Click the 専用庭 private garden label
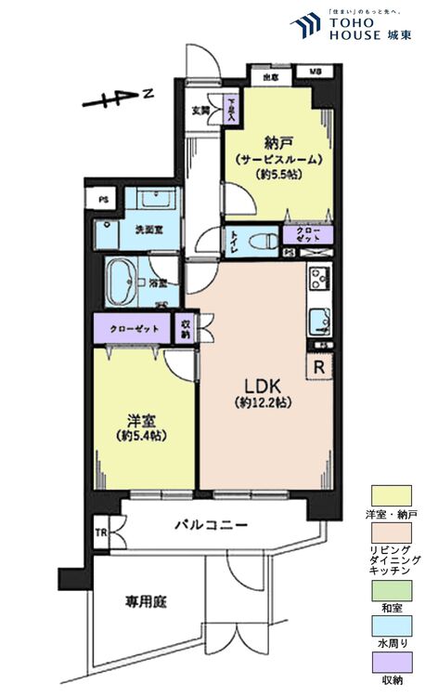pyautogui.click(x=146, y=601)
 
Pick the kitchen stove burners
pyautogui.click(x=320, y=277)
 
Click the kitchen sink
pyautogui.click(x=321, y=319)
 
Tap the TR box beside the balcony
pyautogui.click(x=101, y=533)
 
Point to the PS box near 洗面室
pyautogui.click(x=102, y=198)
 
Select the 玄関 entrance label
pyautogui.click(x=200, y=112)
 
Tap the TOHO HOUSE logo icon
pyautogui.click(x=304, y=26)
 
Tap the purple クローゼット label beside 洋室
pyautogui.click(x=133, y=329)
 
